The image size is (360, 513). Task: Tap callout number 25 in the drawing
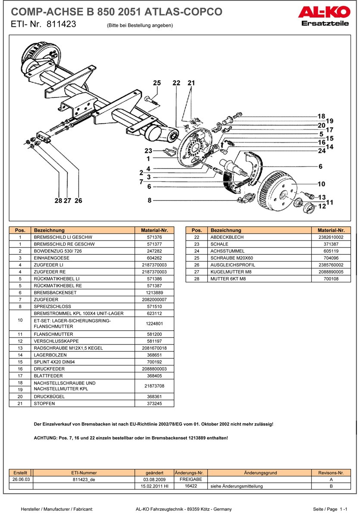point(157,83)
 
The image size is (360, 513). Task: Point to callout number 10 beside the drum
point(321,184)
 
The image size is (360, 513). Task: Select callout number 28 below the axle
point(59,200)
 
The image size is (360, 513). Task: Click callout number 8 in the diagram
point(150,200)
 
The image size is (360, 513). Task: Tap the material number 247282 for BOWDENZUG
point(154,251)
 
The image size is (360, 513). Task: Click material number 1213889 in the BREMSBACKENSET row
point(154,293)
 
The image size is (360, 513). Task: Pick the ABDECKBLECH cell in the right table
point(227,237)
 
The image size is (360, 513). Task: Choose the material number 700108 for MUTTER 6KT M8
point(331,279)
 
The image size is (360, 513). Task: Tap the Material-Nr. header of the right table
point(331,230)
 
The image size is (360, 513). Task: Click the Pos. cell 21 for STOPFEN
point(20,404)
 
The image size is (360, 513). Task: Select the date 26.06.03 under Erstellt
point(20,479)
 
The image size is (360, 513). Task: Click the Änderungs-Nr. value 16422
point(191,486)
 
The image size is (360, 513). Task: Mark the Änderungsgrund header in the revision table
point(260,473)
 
